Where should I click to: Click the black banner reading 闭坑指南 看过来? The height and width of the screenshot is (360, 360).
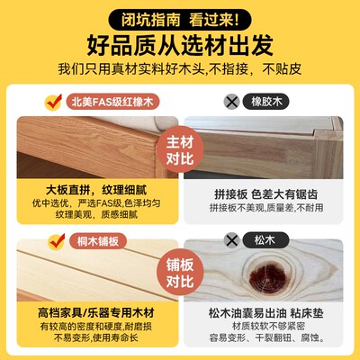coord(179,15)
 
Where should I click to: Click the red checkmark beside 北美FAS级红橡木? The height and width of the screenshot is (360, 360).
coord(57,100)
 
